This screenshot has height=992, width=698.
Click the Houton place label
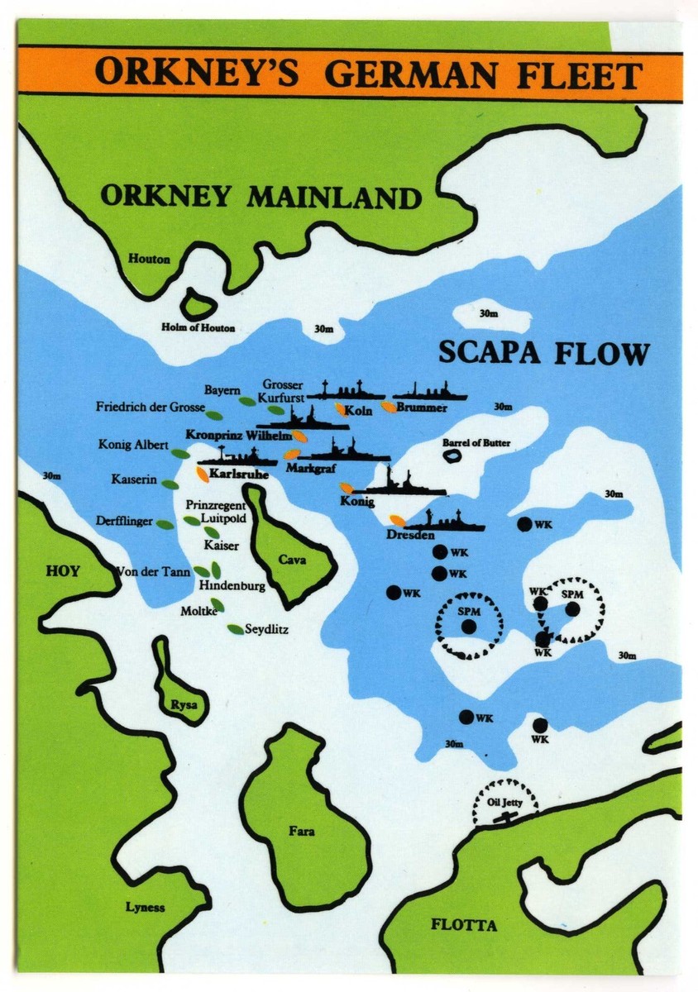coord(149,259)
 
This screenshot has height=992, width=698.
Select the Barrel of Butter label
coord(476,443)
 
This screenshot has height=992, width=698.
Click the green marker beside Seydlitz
coord(236,629)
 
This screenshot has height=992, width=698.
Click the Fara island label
coord(301,831)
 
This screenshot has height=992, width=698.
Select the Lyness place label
coord(145,907)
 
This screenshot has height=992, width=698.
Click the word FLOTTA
coord(464,925)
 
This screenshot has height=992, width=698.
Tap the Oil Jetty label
coord(504,802)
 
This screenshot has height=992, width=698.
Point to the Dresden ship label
coord(410,535)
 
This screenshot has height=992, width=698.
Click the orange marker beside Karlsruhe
coord(202,473)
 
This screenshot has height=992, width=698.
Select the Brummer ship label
coord(422,408)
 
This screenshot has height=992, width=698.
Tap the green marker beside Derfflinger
coord(165,524)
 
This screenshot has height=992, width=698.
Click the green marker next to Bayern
coord(246,401)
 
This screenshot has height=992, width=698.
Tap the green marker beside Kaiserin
coord(170,484)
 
